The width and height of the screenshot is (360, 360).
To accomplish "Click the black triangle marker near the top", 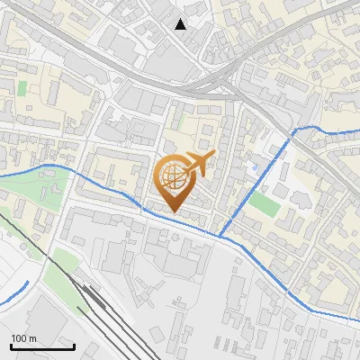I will pos(181,23).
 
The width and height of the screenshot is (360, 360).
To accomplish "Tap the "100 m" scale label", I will pos(24,338).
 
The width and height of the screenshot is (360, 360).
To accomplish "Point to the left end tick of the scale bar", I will pos(11,346).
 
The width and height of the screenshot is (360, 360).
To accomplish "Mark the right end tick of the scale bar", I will pos(74,346).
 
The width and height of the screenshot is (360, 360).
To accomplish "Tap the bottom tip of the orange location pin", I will pos(173,212).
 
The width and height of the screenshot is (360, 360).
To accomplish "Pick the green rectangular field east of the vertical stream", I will pos(265,204).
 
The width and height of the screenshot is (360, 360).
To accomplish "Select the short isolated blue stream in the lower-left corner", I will pos(13,293).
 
